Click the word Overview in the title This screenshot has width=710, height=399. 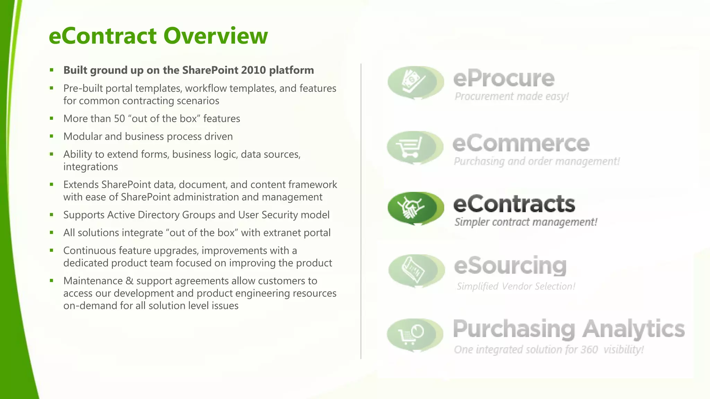click(x=215, y=36)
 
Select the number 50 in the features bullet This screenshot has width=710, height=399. click(x=119, y=118)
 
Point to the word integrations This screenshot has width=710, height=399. click(x=90, y=167)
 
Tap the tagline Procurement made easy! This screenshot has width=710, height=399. click(x=511, y=96)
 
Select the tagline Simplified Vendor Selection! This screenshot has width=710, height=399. click(x=516, y=286)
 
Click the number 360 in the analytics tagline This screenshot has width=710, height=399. click(x=589, y=349)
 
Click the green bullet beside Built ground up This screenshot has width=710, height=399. click(x=52, y=70)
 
